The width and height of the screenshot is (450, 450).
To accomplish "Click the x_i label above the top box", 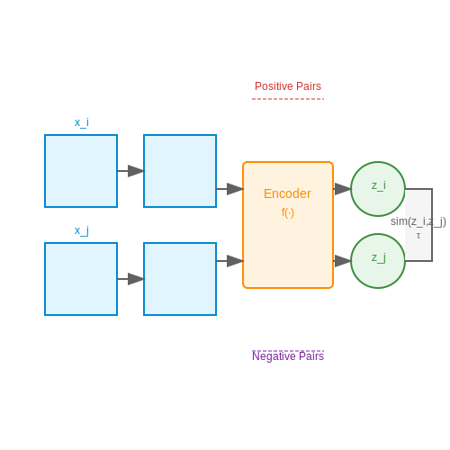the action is pos(82,122).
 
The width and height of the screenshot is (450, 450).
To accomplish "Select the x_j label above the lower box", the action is pos(82,230).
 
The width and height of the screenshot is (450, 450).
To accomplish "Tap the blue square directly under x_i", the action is pos(81,171).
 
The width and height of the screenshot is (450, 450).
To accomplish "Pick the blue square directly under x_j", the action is pos(81,279).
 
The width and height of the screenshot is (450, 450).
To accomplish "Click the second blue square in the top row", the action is pos(180,171).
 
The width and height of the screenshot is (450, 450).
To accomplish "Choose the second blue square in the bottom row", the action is pos(180,279).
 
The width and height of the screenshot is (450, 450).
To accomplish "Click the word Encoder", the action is pos(287,193).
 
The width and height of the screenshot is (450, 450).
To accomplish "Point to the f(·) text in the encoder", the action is pos(288,212).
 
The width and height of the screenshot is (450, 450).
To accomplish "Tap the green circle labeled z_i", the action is pos(378,189).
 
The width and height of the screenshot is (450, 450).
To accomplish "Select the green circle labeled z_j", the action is pos(378,261).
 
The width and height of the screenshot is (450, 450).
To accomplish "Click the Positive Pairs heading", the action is pos(288,86).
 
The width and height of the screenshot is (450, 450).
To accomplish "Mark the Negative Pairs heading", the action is pos(288,356).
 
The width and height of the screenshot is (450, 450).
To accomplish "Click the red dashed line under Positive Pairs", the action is pos(288,99).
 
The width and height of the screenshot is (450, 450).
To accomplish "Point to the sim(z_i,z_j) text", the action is pos(418,221).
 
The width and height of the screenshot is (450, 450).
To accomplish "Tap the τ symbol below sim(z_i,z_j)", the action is pos(418,236).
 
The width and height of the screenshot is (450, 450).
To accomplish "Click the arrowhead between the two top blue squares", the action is pos(136,171).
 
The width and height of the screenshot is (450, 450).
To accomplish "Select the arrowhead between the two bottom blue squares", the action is pos(136,279).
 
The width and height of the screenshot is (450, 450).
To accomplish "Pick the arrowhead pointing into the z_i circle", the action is pos(343,189).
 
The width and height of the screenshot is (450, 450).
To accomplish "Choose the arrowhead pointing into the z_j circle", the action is pos(343,261).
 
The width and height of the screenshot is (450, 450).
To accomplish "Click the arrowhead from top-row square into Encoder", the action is pos(235,189).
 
